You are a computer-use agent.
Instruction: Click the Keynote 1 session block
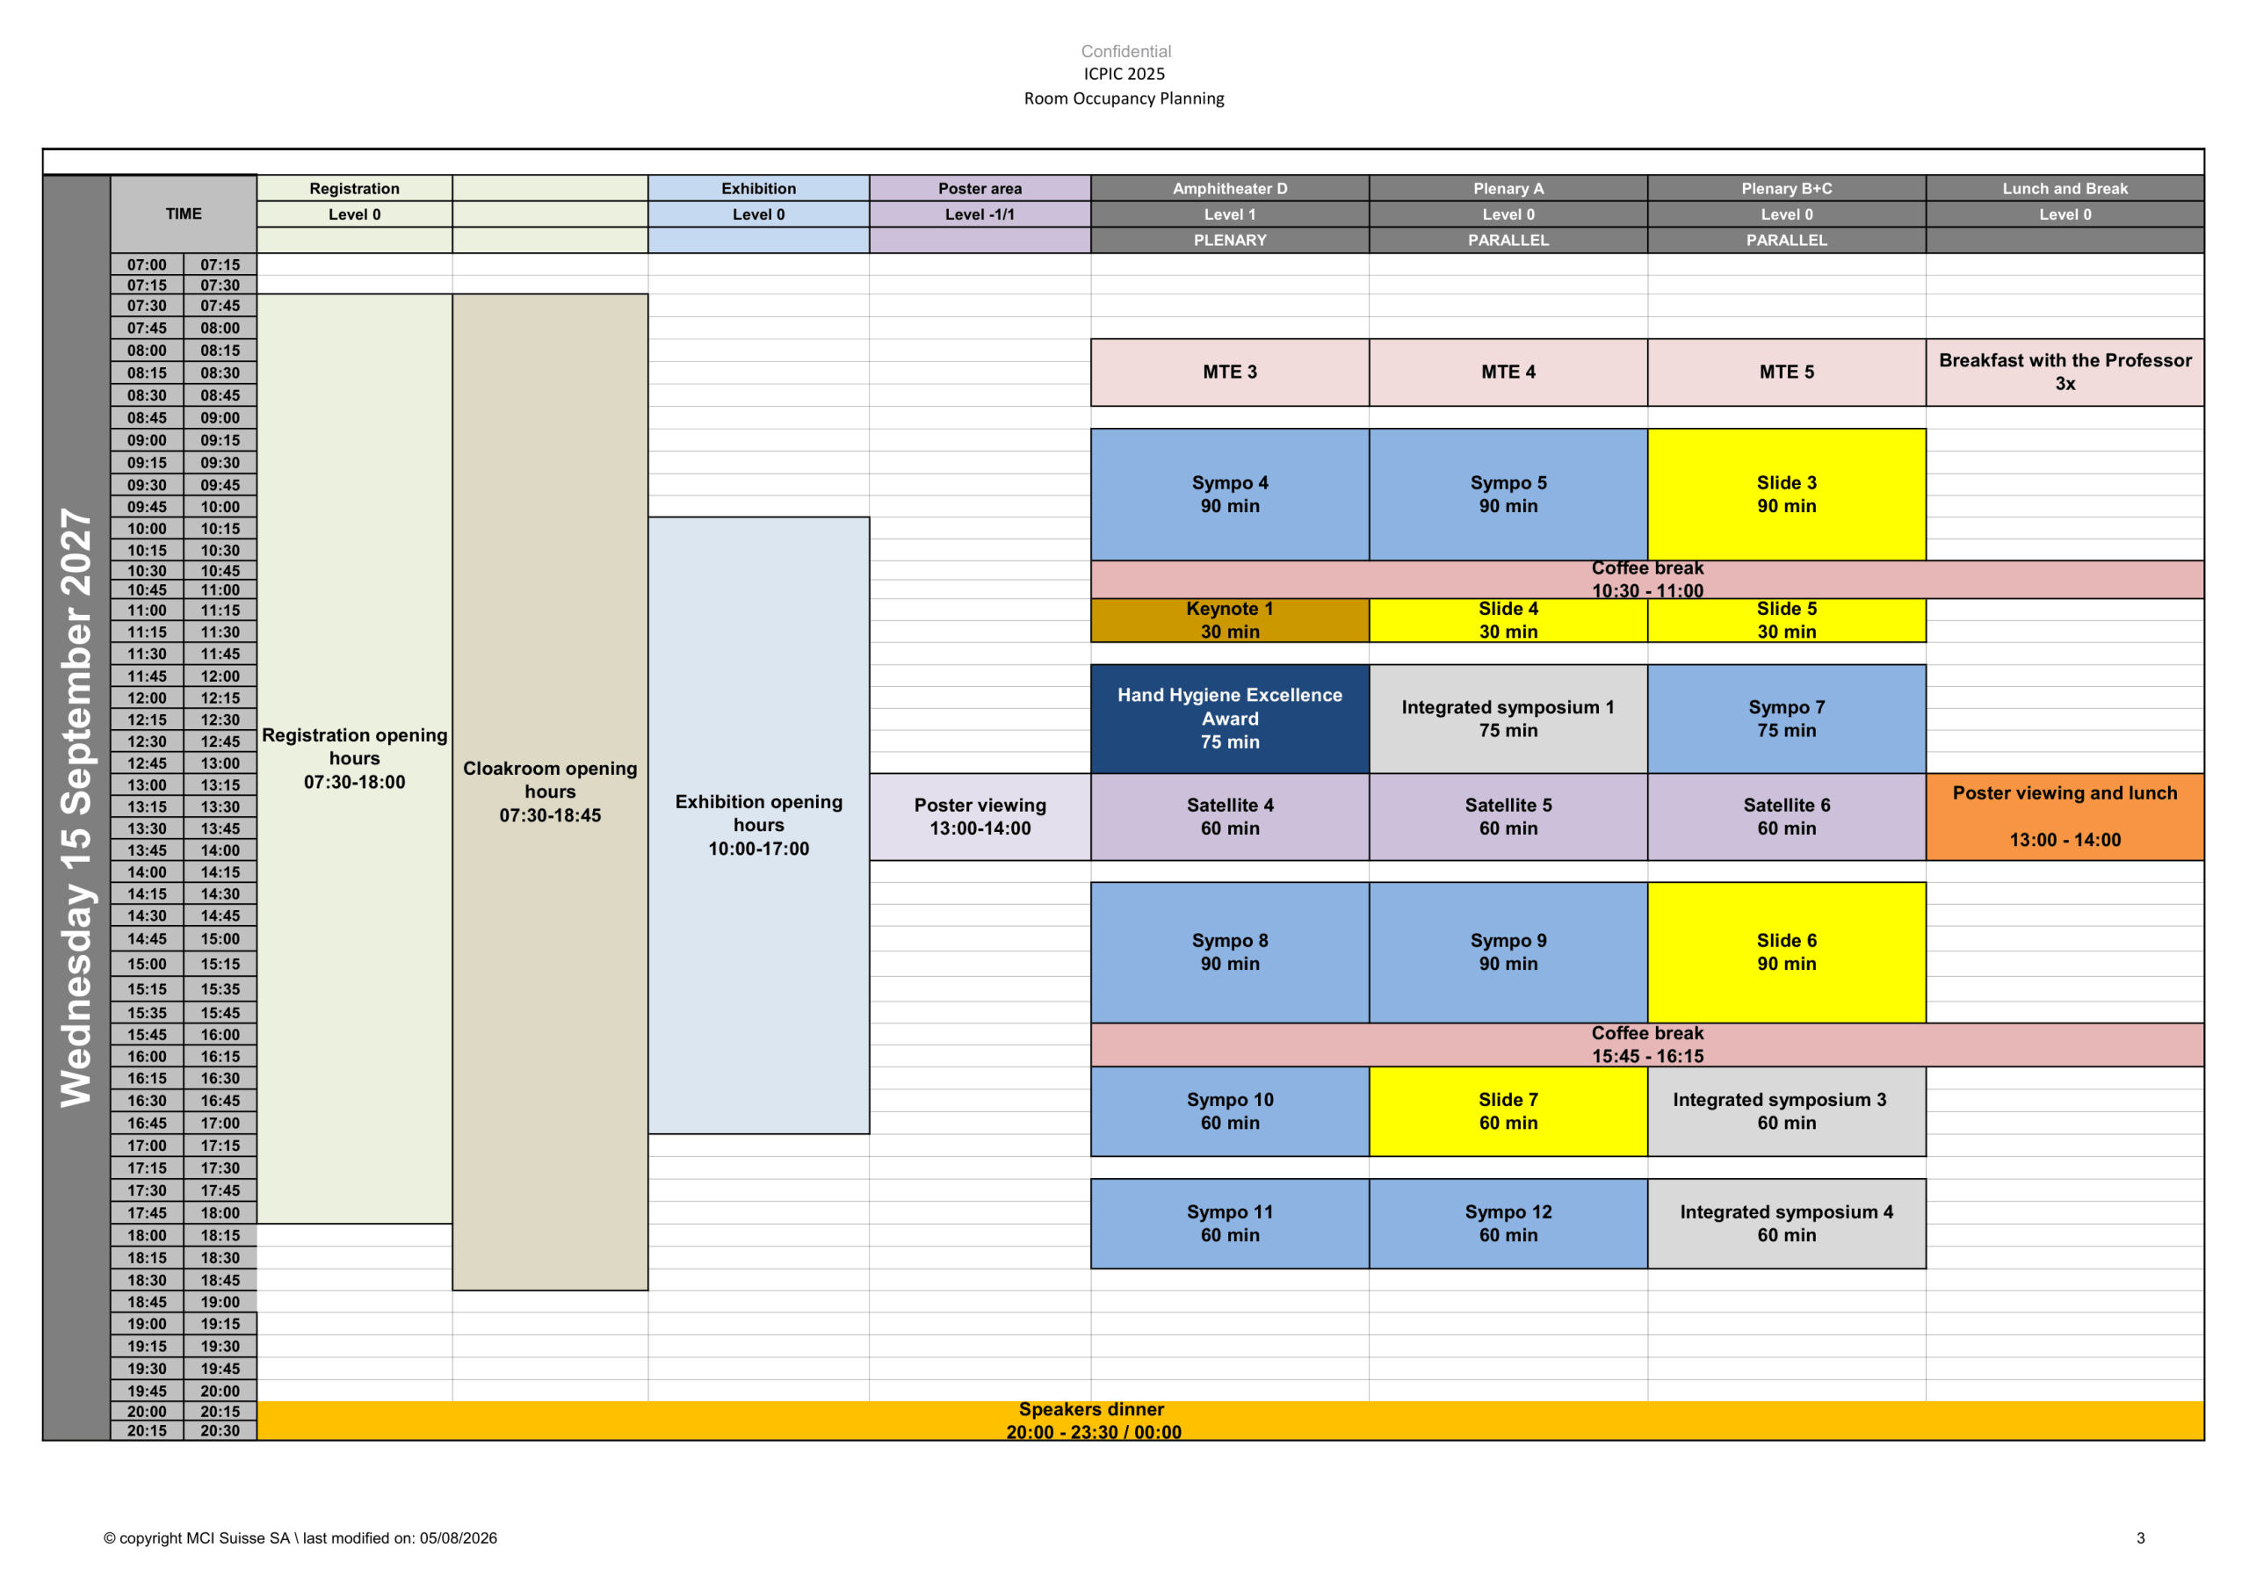(x=1229, y=620)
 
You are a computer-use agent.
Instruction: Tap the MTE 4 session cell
(x=1508, y=372)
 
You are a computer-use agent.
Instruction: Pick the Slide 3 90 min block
(x=1786, y=495)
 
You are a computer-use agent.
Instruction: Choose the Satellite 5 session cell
(x=1508, y=817)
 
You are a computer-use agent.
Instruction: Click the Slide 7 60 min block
(x=1508, y=1111)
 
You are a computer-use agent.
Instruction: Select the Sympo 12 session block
(x=1508, y=1224)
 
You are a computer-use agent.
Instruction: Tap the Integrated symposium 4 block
(x=1786, y=1224)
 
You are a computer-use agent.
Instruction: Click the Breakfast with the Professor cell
(x=2065, y=372)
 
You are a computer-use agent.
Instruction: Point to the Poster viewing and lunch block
(x=2065, y=817)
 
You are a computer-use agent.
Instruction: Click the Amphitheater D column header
(x=1229, y=188)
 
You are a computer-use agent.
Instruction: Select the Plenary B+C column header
(x=1786, y=188)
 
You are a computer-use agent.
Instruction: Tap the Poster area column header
(x=980, y=188)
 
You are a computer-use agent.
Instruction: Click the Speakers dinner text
(x=1091, y=1409)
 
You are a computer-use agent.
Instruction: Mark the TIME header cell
(x=184, y=213)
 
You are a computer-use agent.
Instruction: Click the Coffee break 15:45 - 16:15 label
(x=1647, y=1045)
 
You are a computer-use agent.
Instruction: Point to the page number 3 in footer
(x=2140, y=1538)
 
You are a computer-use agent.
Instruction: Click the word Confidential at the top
(x=1125, y=51)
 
